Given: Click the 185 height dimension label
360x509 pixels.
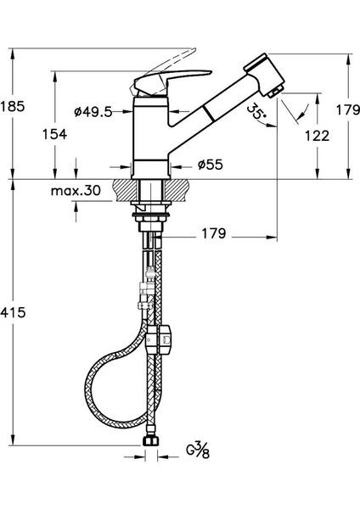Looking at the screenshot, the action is coord(13,106).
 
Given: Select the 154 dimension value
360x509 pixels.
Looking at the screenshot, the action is coord(54,134).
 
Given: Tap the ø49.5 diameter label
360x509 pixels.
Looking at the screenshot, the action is coord(93,112).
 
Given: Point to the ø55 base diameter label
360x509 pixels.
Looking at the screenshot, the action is coord(211,165).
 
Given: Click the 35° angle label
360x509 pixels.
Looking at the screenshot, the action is coord(256,111).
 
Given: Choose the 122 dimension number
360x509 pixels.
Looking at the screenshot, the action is coord(317,136).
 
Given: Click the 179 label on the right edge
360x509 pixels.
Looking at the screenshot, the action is coord(347,110).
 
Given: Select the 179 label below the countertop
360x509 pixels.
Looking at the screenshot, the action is coord(213,233).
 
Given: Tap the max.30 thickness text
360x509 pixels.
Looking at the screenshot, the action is coord(76,191).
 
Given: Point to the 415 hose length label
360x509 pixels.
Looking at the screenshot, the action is coord(13,312).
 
